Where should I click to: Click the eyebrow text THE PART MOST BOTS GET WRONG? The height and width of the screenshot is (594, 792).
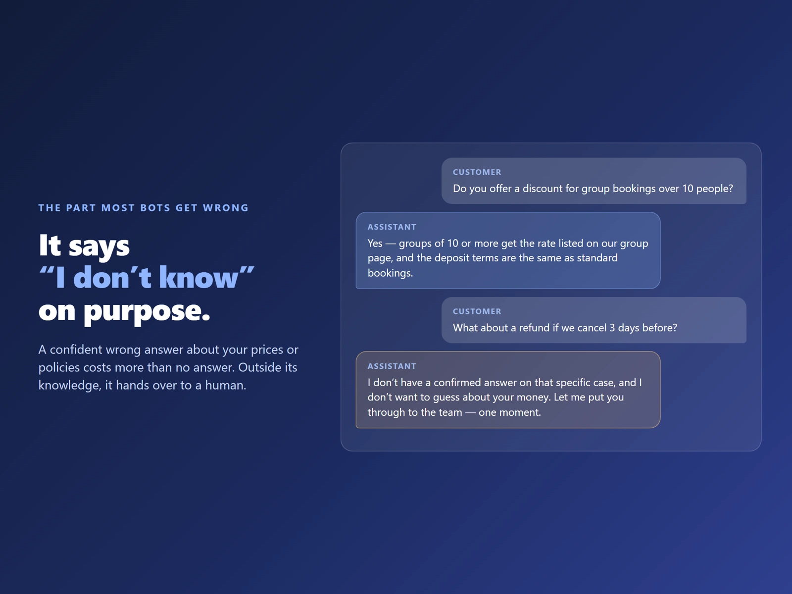point(143,208)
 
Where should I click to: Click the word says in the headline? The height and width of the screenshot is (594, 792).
point(99,247)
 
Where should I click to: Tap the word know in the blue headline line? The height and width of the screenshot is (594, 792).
point(199,277)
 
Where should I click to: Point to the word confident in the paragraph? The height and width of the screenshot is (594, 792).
point(76,349)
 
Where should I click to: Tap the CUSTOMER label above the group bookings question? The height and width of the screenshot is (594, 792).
point(477,172)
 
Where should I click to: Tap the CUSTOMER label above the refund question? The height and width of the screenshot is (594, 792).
point(477,312)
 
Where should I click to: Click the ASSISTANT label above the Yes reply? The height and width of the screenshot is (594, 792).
point(392,227)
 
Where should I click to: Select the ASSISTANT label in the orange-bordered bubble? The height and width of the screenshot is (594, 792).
point(392,366)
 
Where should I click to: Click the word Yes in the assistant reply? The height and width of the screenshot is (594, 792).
point(375,244)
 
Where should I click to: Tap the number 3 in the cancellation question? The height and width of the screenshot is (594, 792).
point(612,328)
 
